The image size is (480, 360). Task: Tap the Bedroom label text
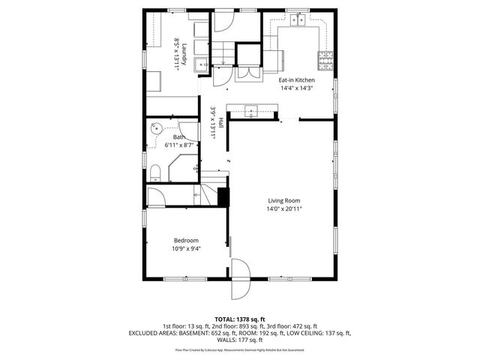pos(187,240)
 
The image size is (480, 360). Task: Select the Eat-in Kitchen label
pos(296,79)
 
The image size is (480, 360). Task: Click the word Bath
pos(179,137)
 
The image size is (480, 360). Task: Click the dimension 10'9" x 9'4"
pos(187,248)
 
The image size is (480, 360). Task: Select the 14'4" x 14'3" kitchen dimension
pos(296,88)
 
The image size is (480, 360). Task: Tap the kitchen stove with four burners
pos(325,57)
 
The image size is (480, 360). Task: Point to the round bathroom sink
pos(157,127)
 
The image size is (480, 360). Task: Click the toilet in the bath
pos(154,174)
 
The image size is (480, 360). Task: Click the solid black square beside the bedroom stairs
pos(223,196)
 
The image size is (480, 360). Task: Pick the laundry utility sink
pos(201,66)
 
